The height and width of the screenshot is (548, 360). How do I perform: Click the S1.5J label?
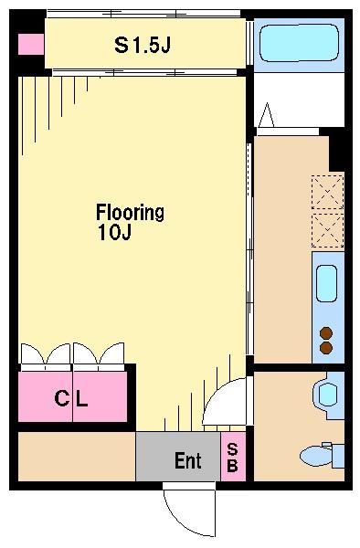pos(143,45)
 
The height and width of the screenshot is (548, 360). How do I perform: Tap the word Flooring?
pos(130,213)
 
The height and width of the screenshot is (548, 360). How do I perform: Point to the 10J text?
pos(114,232)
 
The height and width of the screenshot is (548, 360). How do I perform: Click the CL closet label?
pos(71,397)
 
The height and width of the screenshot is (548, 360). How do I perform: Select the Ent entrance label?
pos(188,460)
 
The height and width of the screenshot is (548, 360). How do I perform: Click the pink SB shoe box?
pos(233,457)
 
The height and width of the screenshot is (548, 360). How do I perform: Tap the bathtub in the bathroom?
pos(299,43)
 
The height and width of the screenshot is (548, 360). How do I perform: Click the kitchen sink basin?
pos(327,283)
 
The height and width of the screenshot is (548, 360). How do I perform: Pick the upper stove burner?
pos(326,333)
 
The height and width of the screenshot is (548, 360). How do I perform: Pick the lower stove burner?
pos(326,348)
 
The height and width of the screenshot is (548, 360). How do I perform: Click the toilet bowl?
pos(315,456)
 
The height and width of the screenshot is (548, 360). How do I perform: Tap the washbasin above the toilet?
pos(327,394)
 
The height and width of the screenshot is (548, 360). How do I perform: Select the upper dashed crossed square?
pos(327,192)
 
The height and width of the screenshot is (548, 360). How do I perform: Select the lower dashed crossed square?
pos(327,230)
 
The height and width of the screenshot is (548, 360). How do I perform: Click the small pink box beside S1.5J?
pos(31,44)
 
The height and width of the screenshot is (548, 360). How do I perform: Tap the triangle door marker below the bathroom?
pos(267,115)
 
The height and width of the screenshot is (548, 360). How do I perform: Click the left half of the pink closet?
pos(46,396)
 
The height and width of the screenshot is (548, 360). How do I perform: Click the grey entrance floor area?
pos(178,457)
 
